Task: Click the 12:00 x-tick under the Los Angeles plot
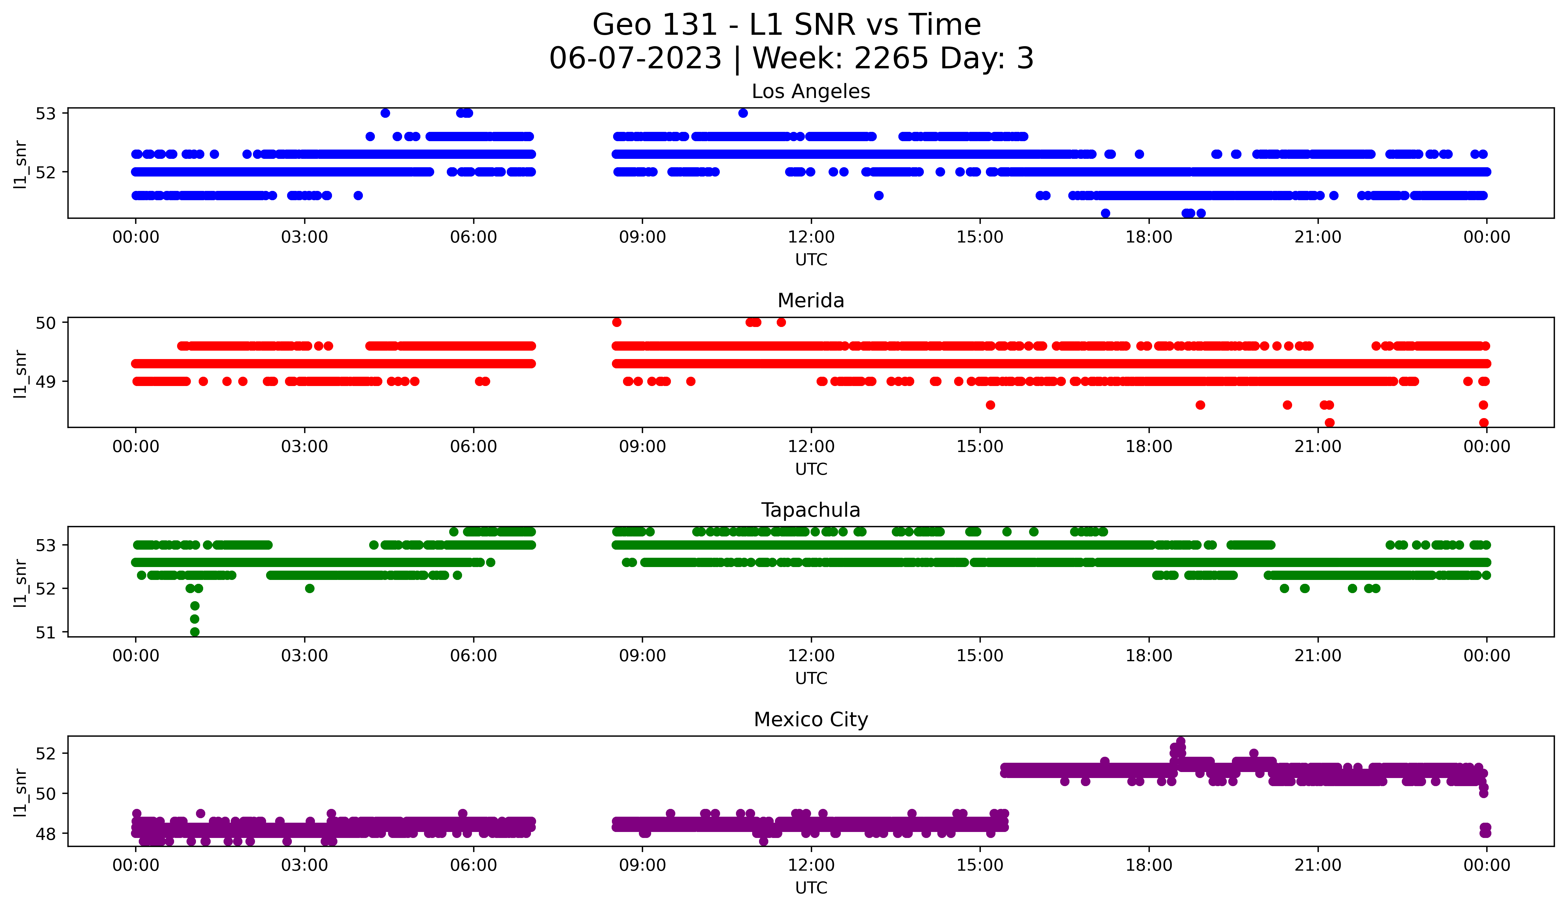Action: (811, 237)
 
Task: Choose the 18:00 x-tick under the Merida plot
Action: (1148, 447)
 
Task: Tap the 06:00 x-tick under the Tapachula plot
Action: (473, 656)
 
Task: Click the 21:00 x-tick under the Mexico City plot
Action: (1317, 866)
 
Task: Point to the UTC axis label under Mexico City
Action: (811, 888)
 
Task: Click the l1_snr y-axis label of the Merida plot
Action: (20, 373)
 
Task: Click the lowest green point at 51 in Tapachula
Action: (194, 632)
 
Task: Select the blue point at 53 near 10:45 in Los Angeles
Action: (743, 113)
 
